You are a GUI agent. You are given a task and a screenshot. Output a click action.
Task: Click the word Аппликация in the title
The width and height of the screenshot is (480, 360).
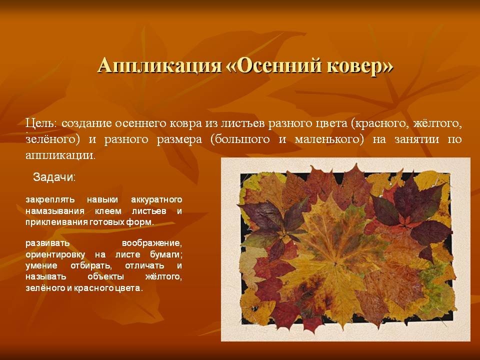[x=160, y=65]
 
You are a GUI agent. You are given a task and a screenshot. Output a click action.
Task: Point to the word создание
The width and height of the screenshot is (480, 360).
[x=87, y=124]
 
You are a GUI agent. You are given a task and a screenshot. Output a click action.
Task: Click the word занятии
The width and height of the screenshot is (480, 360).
[x=418, y=139]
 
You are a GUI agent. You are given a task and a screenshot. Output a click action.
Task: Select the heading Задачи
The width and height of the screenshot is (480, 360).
[x=54, y=177]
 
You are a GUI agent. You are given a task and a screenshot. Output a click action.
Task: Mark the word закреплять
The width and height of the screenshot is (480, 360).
[x=50, y=200]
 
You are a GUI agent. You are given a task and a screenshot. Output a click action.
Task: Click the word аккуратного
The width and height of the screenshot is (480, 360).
[x=156, y=200]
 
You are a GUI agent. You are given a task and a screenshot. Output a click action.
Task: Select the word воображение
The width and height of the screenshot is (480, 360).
[x=152, y=243]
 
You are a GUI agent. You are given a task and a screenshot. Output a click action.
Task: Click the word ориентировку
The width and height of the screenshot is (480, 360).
[x=55, y=254]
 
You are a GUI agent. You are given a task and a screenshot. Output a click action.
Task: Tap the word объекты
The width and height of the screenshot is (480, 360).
[x=105, y=276]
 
